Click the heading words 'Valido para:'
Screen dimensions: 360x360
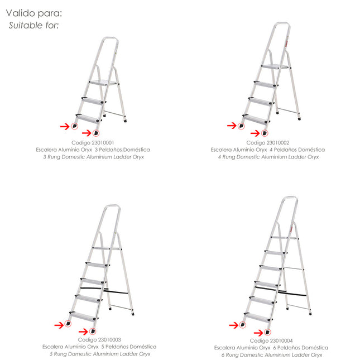click(x=34, y=13)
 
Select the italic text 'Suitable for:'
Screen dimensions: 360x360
click(x=33, y=25)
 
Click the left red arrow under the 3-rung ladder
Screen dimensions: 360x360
click(x=65, y=126)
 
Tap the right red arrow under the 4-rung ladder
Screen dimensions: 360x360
click(x=255, y=133)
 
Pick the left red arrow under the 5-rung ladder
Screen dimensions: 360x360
click(x=59, y=325)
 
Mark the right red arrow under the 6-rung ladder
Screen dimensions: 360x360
click(x=258, y=333)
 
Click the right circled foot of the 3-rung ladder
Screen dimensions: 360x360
click(x=96, y=133)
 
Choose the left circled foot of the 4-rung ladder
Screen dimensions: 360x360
click(x=241, y=126)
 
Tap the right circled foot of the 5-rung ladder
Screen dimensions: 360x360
click(x=93, y=332)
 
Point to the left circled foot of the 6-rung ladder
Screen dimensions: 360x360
click(x=243, y=325)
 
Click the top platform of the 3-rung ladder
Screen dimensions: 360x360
click(x=103, y=83)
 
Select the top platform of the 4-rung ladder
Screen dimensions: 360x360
click(x=275, y=66)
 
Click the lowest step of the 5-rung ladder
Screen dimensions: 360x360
click(x=83, y=316)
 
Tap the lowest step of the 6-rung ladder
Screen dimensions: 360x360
click(x=258, y=317)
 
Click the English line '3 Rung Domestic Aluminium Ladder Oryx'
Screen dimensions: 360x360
click(x=93, y=157)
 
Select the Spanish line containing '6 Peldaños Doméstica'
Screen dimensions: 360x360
click(x=271, y=348)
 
